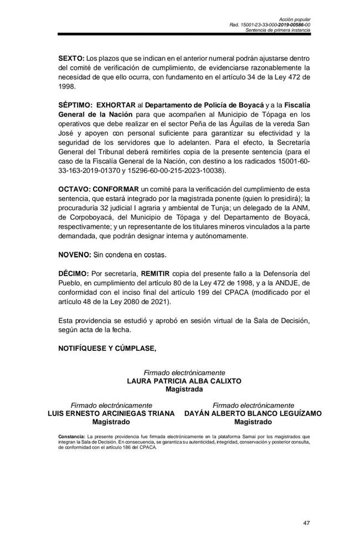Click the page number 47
(307, 523)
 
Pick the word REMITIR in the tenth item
(160, 273)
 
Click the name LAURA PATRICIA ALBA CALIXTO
(184, 381)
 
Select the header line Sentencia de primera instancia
(279, 30)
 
